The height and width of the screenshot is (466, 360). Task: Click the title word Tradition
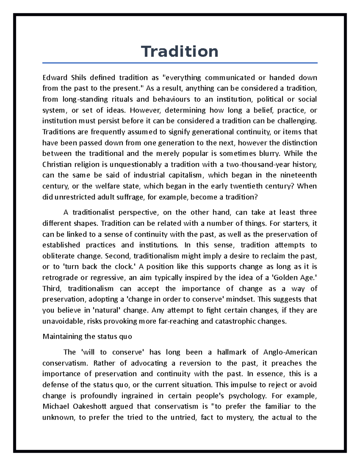coord(180,52)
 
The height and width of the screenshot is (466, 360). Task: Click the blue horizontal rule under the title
coord(180,63)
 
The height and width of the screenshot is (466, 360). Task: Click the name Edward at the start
coord(55,78)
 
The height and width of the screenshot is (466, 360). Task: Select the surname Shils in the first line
coord(79,78)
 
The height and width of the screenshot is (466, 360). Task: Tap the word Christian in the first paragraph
coord(57,164)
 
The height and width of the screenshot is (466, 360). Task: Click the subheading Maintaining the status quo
coord(87,336)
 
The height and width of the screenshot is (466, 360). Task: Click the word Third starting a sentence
coord(52,289)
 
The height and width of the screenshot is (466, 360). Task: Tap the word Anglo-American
coord(290,352)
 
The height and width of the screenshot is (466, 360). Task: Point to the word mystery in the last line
coord(239,417)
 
